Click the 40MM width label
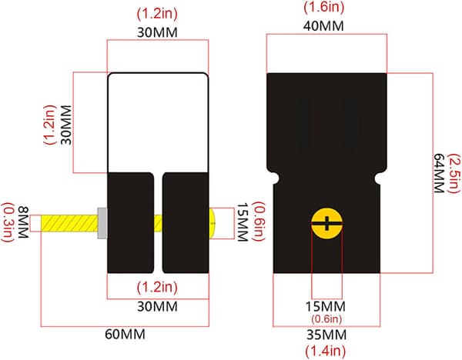coord(323,26)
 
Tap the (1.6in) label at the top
coord(324,7)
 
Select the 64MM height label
coord(439,173)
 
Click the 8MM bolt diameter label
coord(23,222)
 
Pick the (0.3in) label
coord(8,222)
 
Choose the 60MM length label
coord(125,335)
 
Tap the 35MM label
coord(326,335)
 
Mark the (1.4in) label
coord(325,351)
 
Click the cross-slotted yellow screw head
coord(326,223)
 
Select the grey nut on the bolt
coord(102,223)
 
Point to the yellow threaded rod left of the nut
coord(69,223)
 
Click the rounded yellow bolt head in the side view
coord(213,223)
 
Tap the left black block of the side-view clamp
coord(131,223)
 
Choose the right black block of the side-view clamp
coord(186,223)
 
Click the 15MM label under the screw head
coord(326,307)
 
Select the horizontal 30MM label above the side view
coord(157,32)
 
